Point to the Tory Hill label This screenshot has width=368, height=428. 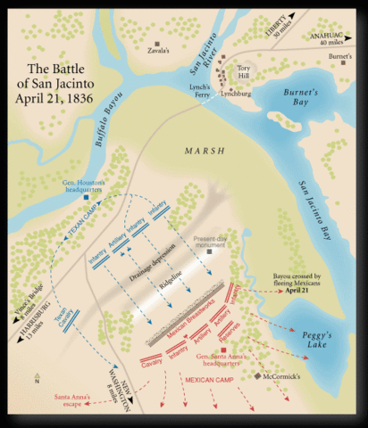[x=245, y=73]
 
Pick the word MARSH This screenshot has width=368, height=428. [x=205, y=149]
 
